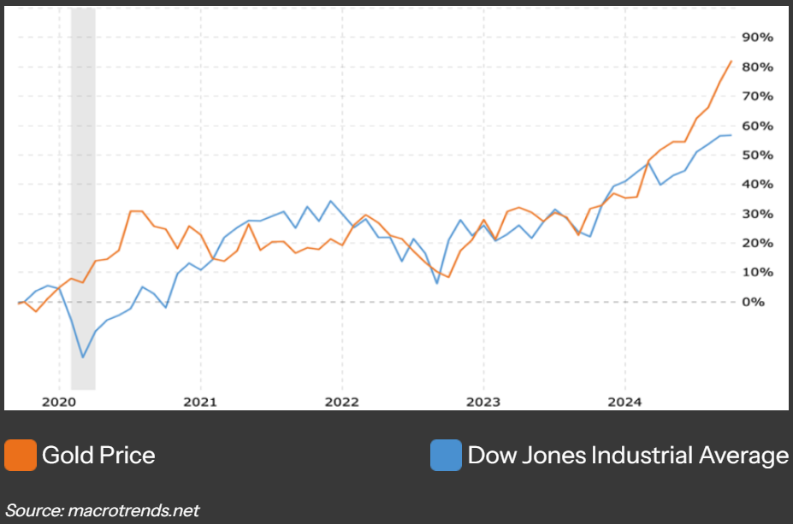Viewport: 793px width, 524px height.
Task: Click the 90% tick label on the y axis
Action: [757, 38]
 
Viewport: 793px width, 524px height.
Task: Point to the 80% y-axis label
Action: [757, 67]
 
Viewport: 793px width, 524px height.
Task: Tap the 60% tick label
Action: [757, 126]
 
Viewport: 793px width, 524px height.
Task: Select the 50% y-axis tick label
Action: [757, 155]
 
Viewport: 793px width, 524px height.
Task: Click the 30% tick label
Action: [757, 214]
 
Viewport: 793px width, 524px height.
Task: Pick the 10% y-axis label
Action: [757, 272]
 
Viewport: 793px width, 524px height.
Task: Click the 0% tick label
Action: [754, 302]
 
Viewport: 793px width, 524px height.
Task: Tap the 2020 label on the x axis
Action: [58, 401]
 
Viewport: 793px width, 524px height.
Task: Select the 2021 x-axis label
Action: [199, 401]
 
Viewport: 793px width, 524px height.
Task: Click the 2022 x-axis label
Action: [341, 401]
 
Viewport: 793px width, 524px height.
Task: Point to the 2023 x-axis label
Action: [482, 401]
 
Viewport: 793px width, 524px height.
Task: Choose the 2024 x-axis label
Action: [624, 401]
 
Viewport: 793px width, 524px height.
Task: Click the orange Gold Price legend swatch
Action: [21, 455]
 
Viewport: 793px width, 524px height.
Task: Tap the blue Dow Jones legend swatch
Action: [446, 455]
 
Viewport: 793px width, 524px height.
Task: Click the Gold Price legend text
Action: [98, 455]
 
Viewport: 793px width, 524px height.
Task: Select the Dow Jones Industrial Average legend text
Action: [628, 455]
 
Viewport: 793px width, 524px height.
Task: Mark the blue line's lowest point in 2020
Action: [83, 357]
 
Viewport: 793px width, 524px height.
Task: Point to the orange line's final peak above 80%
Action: [731, 61]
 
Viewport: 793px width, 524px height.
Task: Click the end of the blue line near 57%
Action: [731, 135]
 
